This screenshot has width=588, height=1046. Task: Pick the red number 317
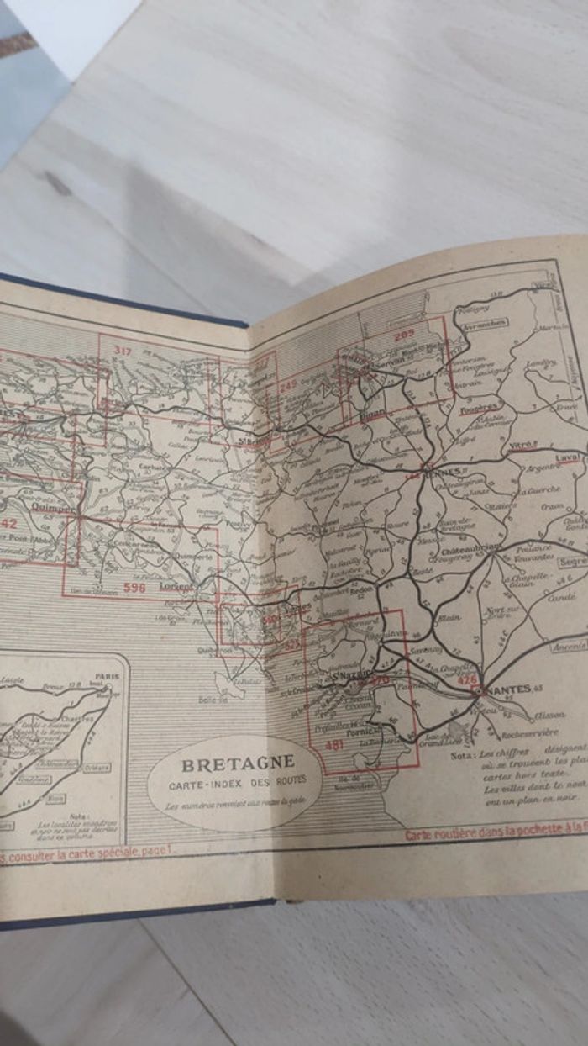click(123, 351)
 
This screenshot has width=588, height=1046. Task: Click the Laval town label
click(567, 458)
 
